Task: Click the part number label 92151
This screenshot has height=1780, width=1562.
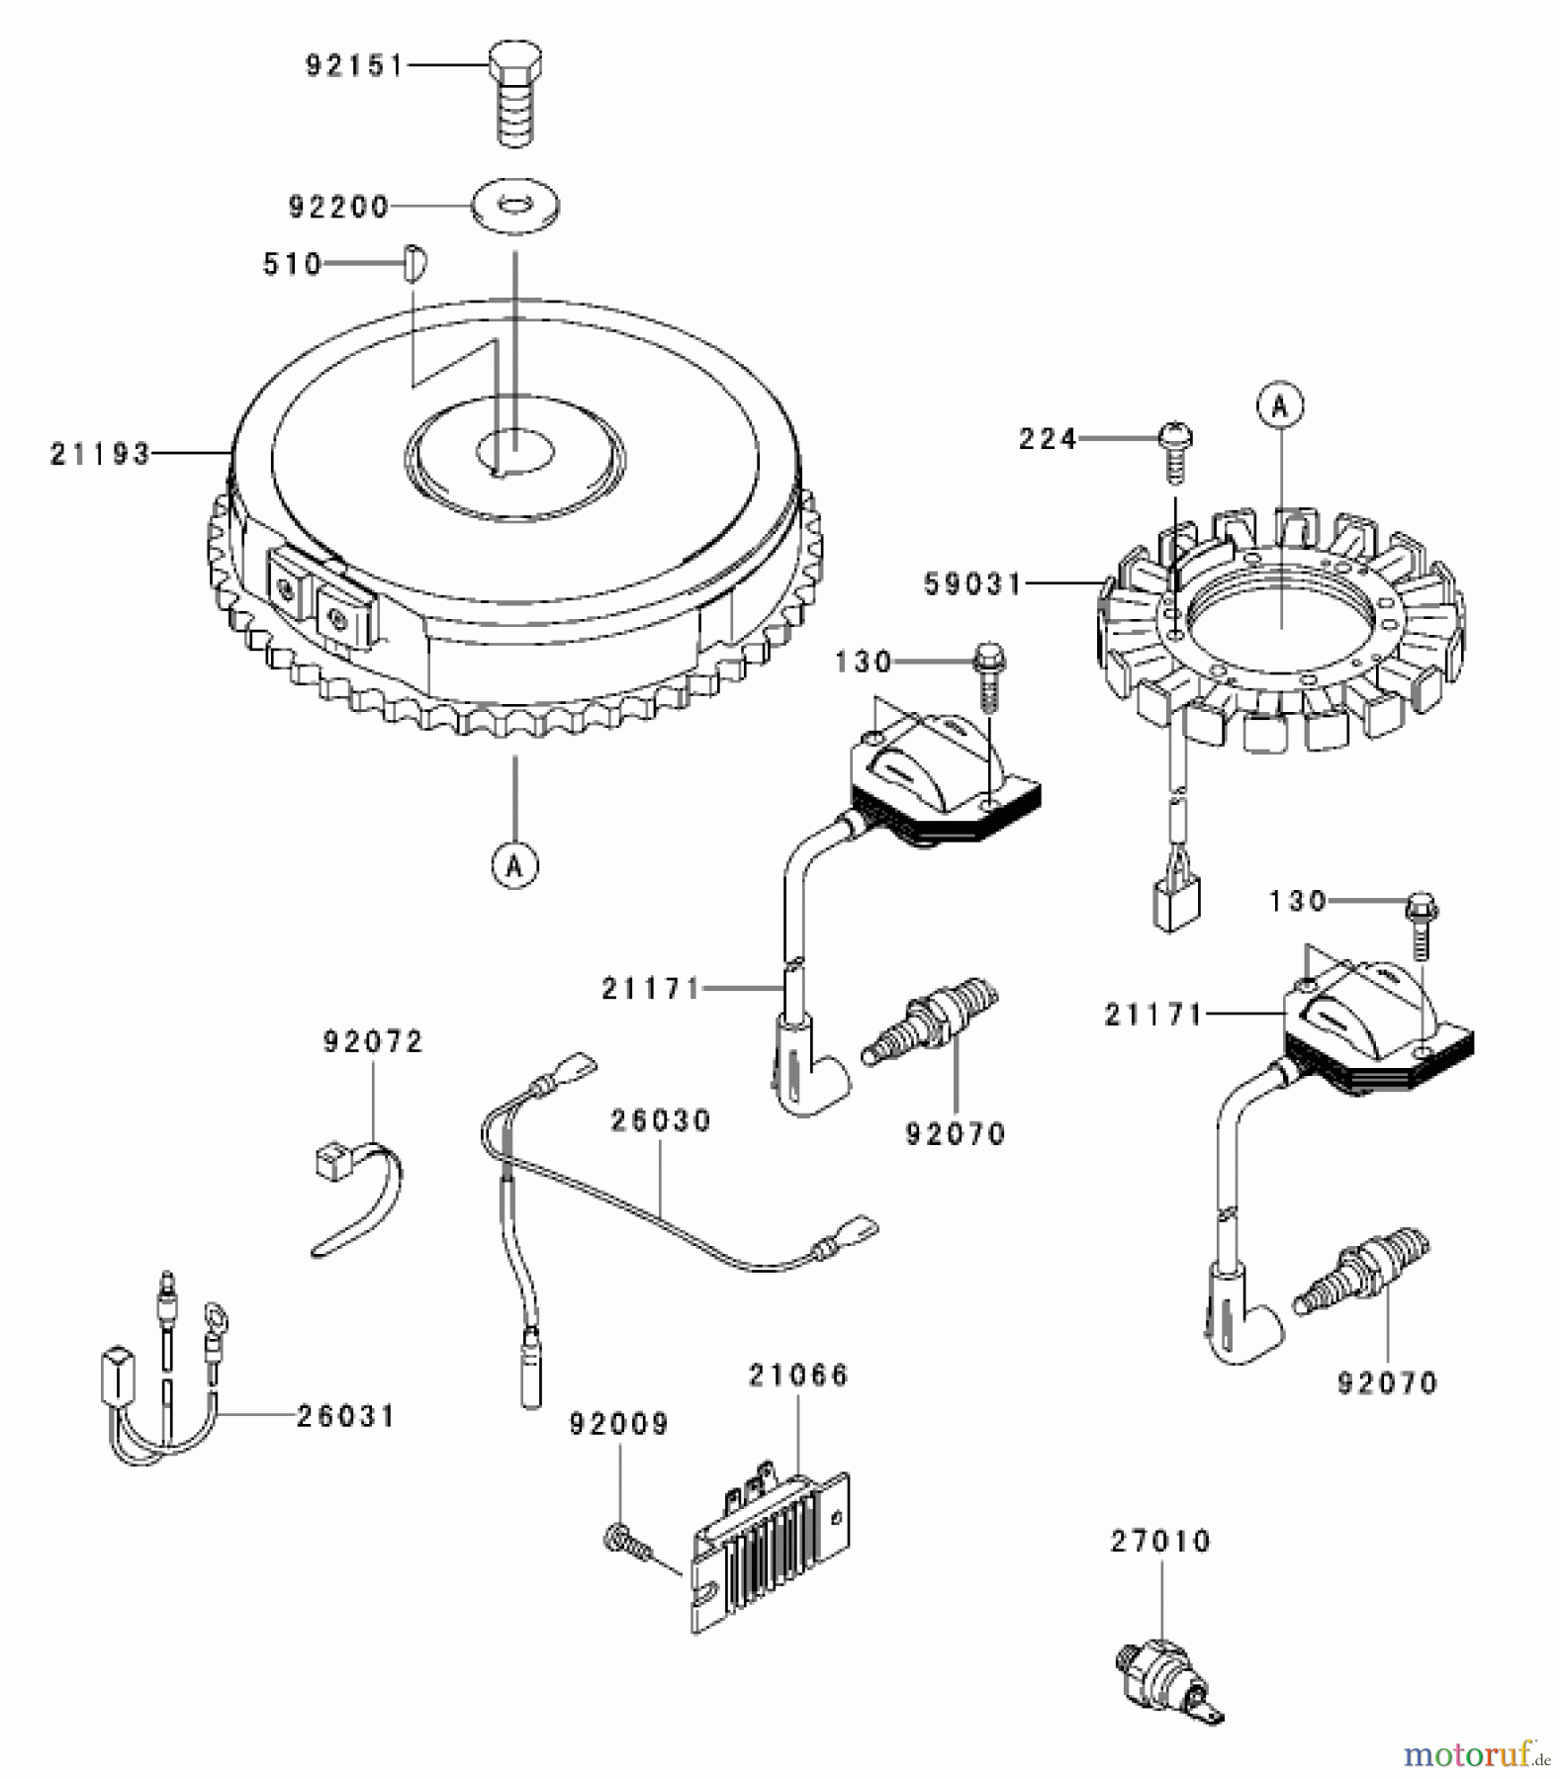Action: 354,66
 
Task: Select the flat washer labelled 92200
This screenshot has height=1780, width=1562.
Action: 514,205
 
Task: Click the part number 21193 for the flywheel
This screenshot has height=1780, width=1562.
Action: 100,454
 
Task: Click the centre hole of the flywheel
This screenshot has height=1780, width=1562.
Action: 514,450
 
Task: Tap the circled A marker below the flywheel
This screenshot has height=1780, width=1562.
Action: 514,866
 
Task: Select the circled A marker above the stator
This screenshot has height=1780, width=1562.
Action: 1280,405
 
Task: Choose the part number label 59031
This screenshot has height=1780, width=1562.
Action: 973,583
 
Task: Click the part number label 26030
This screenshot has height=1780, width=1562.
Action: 661,1120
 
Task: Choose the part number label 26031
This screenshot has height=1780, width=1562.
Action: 345,1416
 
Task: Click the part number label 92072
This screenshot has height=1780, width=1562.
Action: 372,1041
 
